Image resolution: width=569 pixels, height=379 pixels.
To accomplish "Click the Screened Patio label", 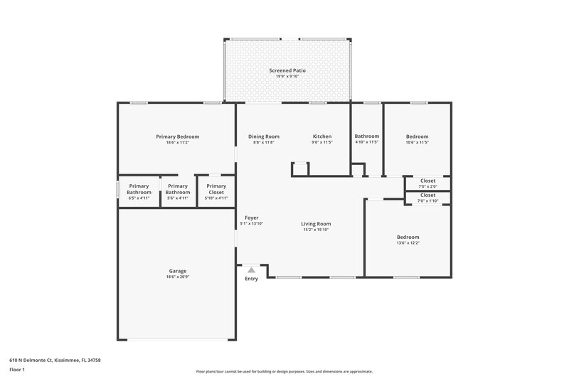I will coord(287,70).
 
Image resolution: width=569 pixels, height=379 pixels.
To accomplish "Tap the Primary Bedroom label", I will coord(177,136).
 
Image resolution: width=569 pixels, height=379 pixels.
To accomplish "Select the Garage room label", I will coord(177,270).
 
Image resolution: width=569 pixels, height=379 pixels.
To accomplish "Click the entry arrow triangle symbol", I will coord(250,270).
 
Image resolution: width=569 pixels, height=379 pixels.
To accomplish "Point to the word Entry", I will coord(251,278).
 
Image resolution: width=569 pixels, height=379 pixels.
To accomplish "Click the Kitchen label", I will coord(322,136).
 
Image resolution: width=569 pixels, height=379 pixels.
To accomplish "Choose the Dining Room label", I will coord(263,136).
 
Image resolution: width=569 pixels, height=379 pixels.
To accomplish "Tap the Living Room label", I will coord(316,223).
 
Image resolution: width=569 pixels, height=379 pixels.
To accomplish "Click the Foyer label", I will coord(251,218).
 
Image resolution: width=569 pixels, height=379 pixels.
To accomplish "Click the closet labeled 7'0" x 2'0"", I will coord(427,183).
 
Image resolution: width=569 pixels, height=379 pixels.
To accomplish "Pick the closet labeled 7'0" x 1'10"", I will coord(427,198).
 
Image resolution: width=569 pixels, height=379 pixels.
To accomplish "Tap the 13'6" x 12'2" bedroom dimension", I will coord(408,243).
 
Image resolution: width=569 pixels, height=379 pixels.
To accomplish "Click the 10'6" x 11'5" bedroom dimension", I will coord(417,142).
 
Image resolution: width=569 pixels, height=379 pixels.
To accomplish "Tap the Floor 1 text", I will coord(16,370).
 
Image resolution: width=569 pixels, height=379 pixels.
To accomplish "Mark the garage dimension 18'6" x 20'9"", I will coord(177,277).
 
